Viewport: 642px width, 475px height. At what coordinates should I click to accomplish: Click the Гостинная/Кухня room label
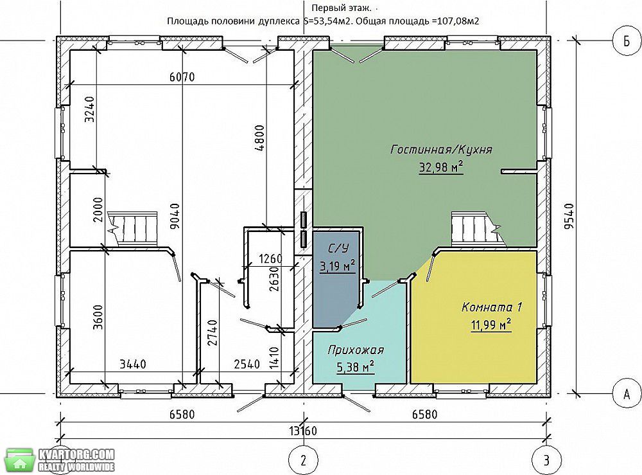pos(441,149)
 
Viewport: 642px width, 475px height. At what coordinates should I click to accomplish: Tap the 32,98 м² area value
pos(441,167)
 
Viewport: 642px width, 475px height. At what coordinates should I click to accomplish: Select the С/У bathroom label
pos(336,249)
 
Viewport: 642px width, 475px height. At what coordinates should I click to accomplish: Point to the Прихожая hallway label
pos(356,350)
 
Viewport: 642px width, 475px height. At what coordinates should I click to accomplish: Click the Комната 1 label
pos(492,307)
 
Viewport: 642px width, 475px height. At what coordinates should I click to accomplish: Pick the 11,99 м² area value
pos(491,325)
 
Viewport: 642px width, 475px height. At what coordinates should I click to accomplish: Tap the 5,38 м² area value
pos(356,367)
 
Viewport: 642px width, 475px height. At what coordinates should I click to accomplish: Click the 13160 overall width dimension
pos(304,431)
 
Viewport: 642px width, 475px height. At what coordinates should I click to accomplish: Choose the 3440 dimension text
pos(133,364)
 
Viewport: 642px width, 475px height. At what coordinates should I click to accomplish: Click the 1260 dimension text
pos(271,259)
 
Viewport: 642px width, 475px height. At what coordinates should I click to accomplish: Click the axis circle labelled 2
pos(303,460)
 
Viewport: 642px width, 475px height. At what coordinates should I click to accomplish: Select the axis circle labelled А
pos(627,394)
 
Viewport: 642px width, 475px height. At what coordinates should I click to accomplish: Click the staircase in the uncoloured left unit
pos(133,229)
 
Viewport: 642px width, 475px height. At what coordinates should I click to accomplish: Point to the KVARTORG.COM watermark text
pos(76,454)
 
